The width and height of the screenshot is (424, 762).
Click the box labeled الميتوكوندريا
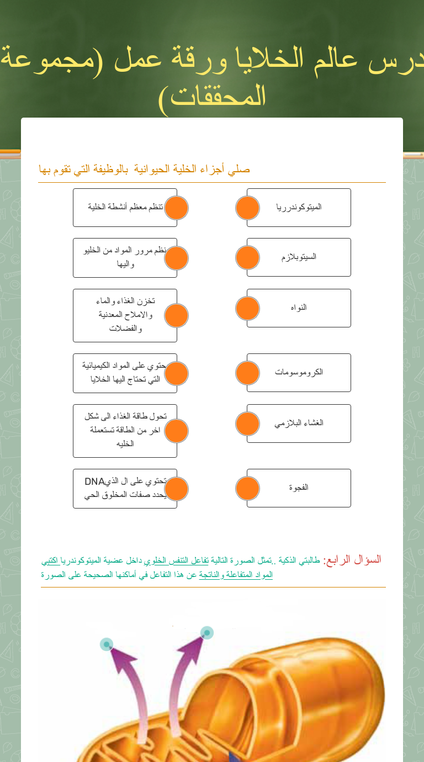click(x=299, y=208)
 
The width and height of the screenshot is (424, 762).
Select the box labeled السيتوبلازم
click(x=299, y=257)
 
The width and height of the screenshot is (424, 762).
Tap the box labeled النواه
click(x=299, y=308)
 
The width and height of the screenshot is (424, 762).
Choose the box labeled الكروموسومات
click(x=299, y=373)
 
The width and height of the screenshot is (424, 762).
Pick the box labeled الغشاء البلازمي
click(x=299, y=424)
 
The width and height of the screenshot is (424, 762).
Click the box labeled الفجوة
click(x=299, y=488)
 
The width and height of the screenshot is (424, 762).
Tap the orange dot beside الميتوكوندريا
click(x=247, y=208)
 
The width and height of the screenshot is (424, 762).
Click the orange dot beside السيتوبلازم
click(x=247, y=258)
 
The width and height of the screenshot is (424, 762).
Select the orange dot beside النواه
click(x=247, y=308)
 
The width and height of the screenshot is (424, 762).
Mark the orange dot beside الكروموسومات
click(x=247, y=373)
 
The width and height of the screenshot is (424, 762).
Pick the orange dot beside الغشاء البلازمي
click(x=247, y=424)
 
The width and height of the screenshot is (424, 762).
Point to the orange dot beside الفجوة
click(x=247, y=488)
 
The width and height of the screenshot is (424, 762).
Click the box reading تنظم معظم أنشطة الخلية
click(x=124, y=208)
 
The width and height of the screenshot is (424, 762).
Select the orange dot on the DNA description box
click(x=177, y=489)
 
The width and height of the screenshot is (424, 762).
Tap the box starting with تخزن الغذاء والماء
click(x=124, y=315)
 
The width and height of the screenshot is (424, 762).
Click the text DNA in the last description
click(x=94, y=481)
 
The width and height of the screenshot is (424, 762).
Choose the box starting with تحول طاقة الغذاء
click(x=124, y=431)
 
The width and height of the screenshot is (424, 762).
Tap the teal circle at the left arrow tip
click(x=107, y=644)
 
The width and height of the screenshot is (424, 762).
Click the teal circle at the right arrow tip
click(x=207, y=633)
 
